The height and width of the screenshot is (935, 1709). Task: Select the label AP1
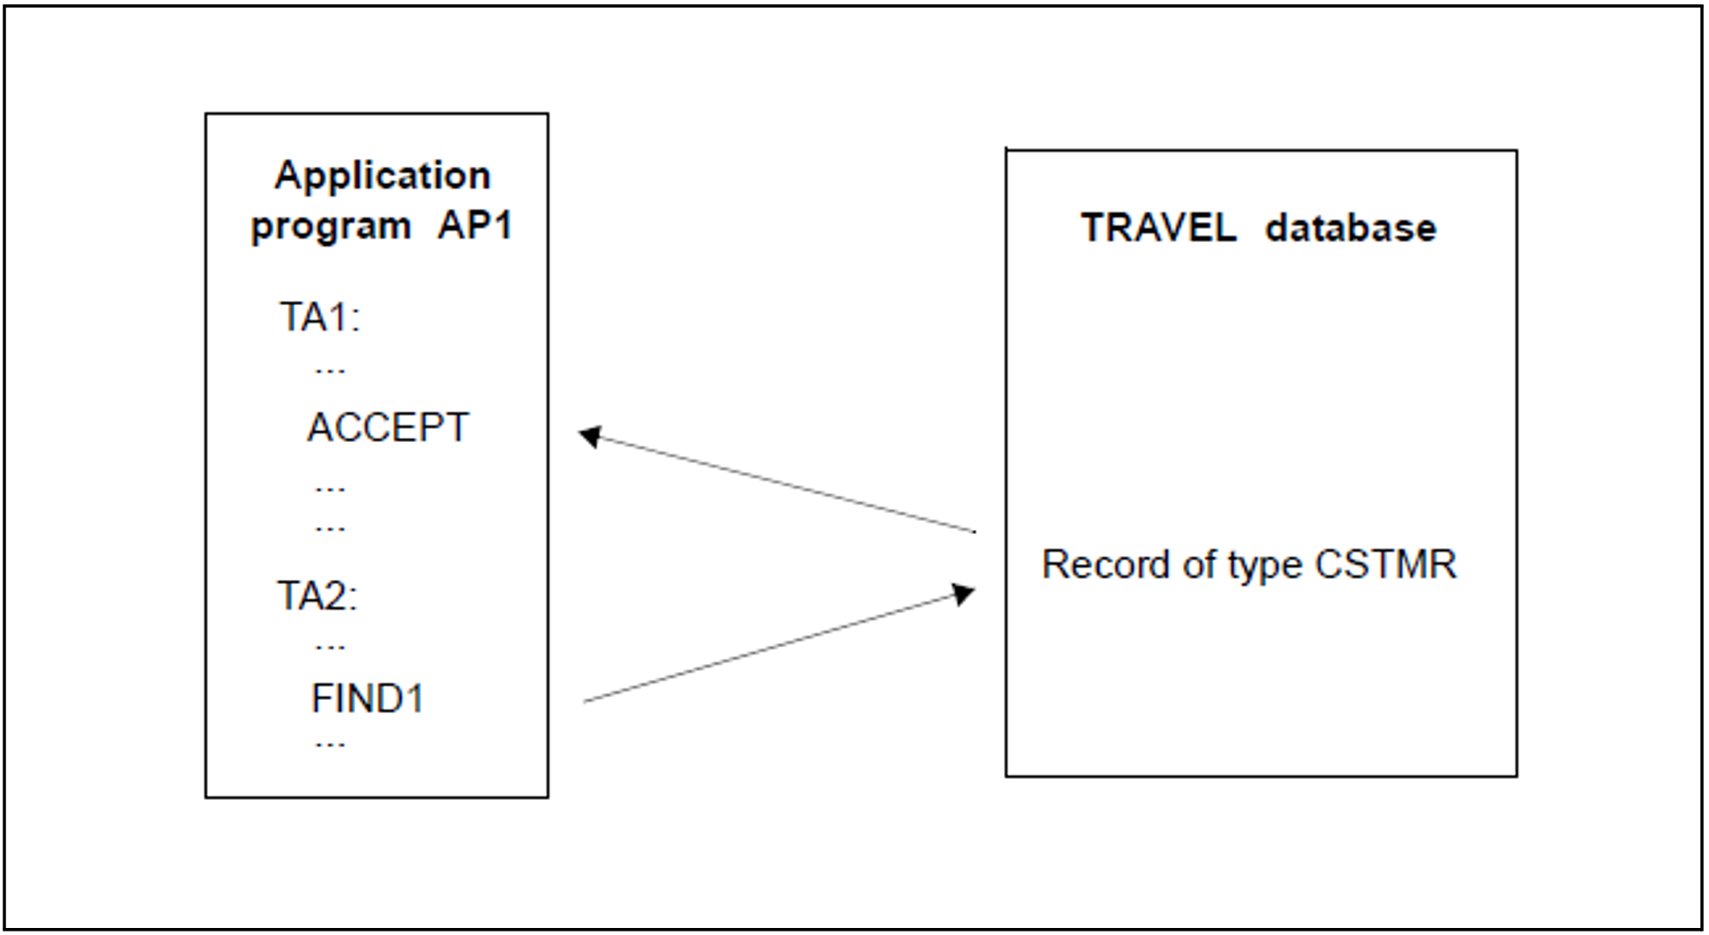coord(475,225)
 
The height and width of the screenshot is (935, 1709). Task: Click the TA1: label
coord(319,317)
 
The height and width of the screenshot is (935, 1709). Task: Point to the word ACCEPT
coord(388,428)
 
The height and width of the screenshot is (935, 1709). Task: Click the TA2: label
coord(318,596)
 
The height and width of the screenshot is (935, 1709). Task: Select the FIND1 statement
coord(368,699)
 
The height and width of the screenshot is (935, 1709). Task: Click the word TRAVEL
coord(1158,228)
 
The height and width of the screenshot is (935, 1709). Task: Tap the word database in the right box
coord(1350,228)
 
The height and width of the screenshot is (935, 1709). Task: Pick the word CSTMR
coord(1385,564)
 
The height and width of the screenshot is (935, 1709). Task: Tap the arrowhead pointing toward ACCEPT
coord(590,436)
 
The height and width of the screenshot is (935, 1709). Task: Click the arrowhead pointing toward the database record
coord(963,594)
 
